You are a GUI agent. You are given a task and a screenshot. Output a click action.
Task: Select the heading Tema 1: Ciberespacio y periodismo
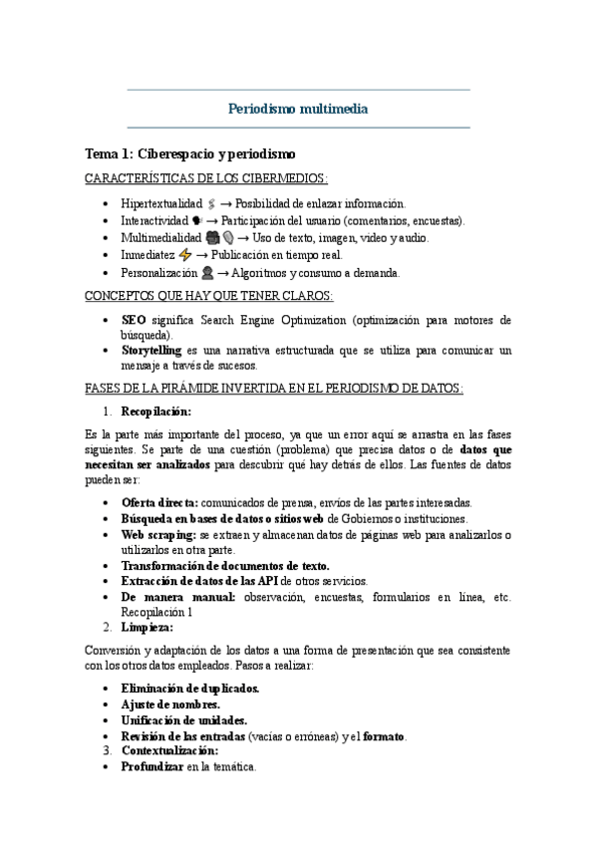click(x=190, y=155)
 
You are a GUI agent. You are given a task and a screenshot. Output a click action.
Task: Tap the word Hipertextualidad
click(x=160, y=202)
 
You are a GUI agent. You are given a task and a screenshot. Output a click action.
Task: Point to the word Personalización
click(x=159, y=272)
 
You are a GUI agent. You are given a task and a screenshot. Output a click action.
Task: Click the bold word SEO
click(x=133, y=320)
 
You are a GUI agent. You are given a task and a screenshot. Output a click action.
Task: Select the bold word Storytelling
click(x=150, y=351)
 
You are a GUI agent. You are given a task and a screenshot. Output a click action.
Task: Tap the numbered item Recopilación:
click(x=155, y=411)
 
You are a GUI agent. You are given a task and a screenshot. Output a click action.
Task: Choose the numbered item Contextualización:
click(x=170, y=749)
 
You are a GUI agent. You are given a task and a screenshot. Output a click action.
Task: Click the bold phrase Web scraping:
click(x=160, y=534)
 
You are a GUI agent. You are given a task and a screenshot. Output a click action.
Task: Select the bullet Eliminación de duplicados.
click(x=189, y=688)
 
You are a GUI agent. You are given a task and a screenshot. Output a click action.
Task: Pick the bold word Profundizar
click(x=151, y=766)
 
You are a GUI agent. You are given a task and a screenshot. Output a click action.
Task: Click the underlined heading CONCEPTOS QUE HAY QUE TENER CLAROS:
click(x=210, y=296)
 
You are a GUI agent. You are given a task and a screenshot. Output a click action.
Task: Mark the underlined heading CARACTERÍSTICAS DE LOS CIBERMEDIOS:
click(x=206, y=178)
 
